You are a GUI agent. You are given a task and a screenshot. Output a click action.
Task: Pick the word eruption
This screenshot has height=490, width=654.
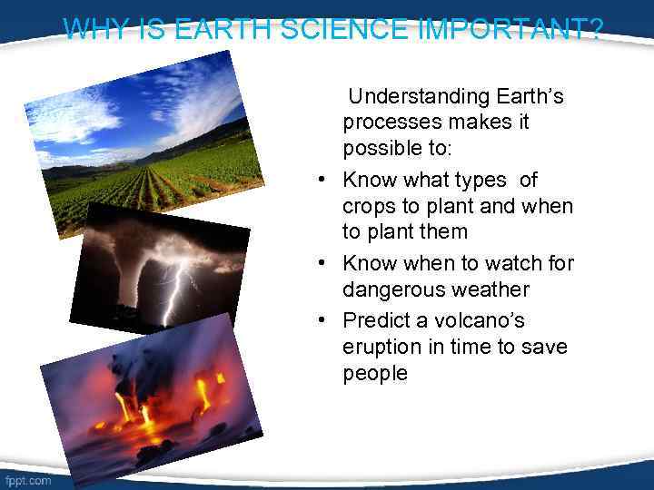click(382, 348)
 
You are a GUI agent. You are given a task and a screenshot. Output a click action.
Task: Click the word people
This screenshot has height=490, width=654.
click(375, 374)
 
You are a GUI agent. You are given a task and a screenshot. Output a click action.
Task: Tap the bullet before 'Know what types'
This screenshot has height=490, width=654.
click(322, 181)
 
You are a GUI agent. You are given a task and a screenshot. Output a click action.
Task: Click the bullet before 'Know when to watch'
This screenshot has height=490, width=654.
click(322, 264)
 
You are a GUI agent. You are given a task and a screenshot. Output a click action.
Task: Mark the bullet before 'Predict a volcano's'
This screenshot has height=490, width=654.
click(322, 321)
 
